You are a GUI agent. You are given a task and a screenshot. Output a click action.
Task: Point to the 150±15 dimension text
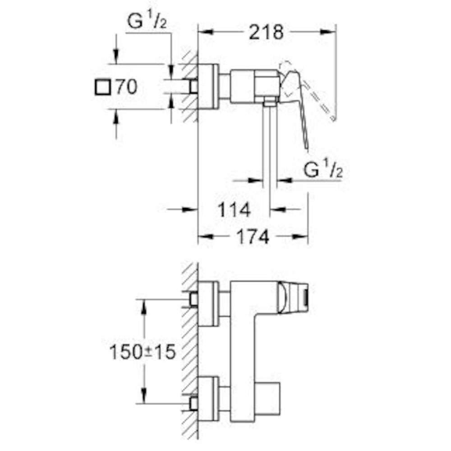pos(142,352)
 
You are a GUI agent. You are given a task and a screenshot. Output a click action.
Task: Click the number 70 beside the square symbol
pos(125,87)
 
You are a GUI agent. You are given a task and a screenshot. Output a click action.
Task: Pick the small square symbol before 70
pos(102,87)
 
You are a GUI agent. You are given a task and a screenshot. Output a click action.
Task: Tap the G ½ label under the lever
pos(322,170)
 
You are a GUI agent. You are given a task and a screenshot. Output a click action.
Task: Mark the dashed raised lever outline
pos(318,97)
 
